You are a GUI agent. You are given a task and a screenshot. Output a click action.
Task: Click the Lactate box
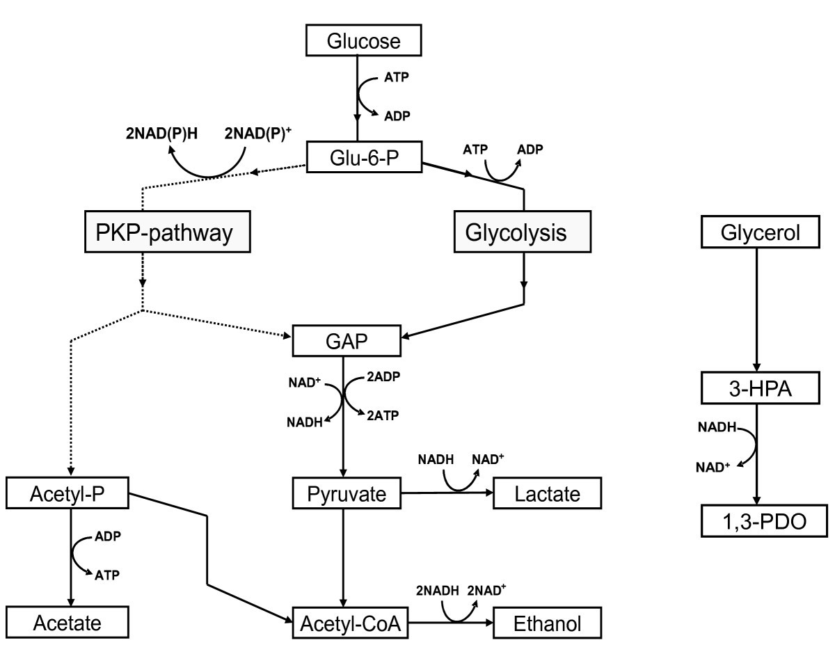(546, 494)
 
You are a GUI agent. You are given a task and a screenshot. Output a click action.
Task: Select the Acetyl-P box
(68, 494)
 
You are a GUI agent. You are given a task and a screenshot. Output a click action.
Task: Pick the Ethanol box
(546, 621)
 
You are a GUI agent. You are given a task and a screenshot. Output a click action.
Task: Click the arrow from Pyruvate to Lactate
(449, 493)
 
